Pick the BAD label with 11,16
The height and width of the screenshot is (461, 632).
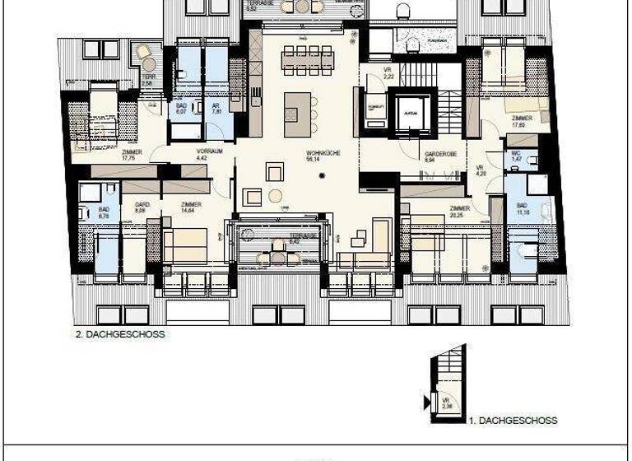[521, 205]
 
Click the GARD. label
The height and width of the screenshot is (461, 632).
[142, 204]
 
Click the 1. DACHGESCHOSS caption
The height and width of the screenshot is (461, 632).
[513, 421]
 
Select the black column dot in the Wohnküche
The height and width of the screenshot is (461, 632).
[323, 175]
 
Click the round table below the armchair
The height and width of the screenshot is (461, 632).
[275, 195]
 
